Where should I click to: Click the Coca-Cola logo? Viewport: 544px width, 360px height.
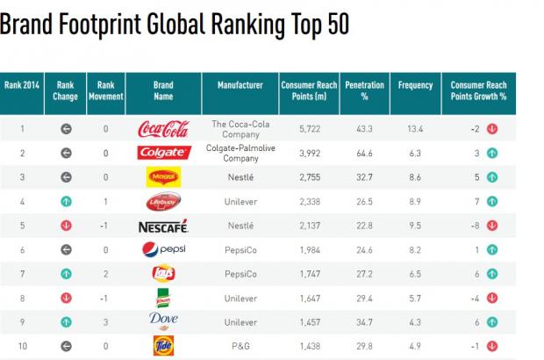[163, 130]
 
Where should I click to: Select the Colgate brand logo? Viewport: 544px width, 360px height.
[163, 153]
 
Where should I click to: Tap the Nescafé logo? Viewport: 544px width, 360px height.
[163, 227]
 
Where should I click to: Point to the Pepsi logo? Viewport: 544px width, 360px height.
[163, 250]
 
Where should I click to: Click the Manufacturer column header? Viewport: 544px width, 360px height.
[240, 85]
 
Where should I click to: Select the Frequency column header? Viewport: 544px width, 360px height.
[415, 85]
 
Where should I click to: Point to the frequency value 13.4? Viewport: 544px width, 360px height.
[415, 129]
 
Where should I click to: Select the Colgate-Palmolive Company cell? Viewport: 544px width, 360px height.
[240, 154]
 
